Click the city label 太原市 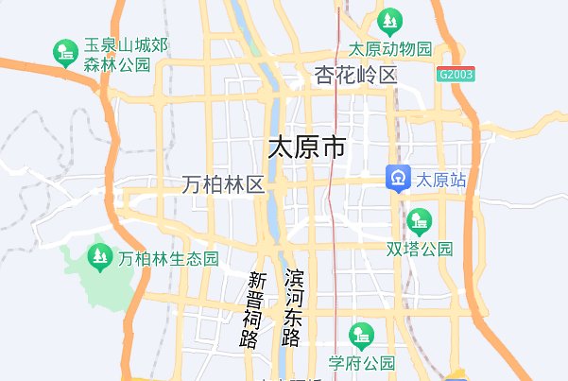307,147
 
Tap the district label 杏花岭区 356,76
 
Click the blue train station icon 397,179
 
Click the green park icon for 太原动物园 388,21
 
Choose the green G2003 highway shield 456,74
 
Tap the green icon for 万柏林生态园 98,256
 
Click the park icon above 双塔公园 417,222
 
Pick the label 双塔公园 420,250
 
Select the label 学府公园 361,363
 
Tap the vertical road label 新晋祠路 256,309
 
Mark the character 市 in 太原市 333,147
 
